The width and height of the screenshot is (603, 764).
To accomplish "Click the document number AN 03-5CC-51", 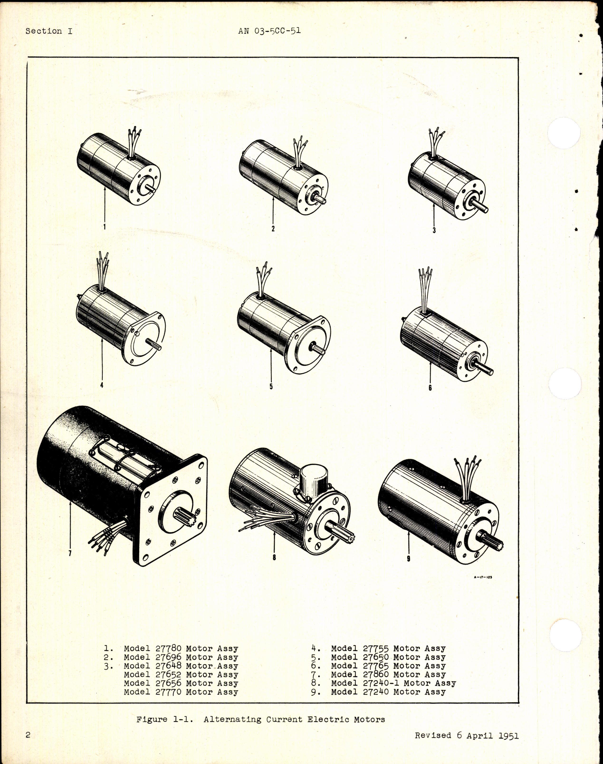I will point(269,31).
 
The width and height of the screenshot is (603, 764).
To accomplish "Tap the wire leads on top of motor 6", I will point(426,290).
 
